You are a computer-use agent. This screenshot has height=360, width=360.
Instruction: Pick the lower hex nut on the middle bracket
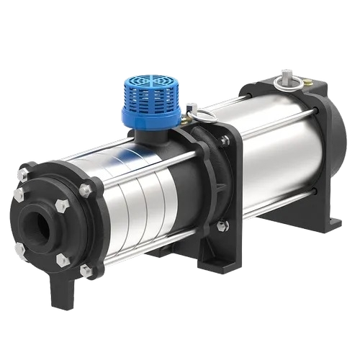[x=221, y=225]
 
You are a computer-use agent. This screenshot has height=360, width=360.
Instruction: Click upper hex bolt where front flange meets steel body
[x=85, y=190]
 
